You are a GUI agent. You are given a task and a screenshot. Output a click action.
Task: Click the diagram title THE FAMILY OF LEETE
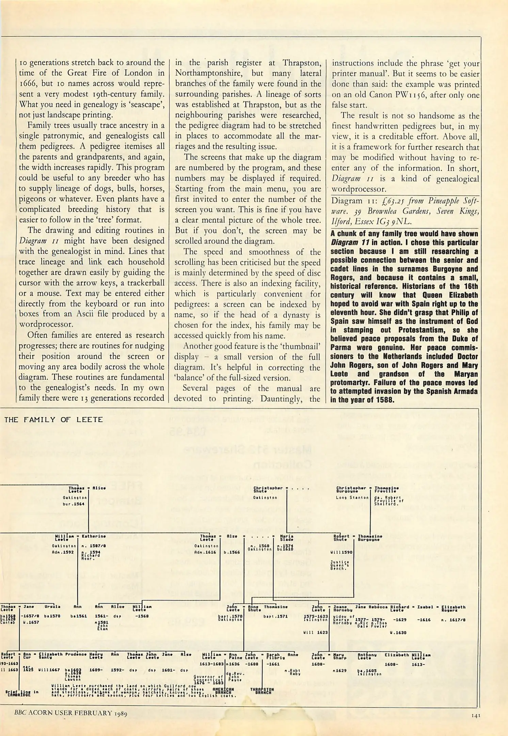[x=53, y=419]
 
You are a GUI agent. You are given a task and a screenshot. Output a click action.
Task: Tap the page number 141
[x=476, y=716]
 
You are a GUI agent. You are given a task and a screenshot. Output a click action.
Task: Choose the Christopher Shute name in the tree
[x=268, y=490]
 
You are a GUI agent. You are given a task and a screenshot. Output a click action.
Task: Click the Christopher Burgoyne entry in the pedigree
[x=351, y=490]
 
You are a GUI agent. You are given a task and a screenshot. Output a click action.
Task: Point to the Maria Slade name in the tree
[x=286, y=538]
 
